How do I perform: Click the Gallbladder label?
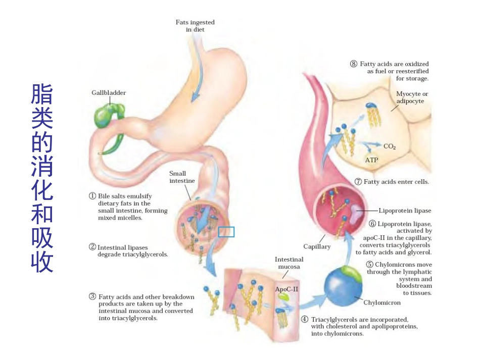[109, 93]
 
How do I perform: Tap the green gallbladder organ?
[109, 116]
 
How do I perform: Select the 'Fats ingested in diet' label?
[195, 26]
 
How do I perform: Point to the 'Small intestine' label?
[182, 177]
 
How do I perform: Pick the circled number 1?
[92, 196]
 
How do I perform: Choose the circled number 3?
[92, 296]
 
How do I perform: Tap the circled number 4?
[305, 319]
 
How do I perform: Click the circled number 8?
[354, 64]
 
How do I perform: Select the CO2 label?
[390, 146]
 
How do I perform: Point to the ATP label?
[371, 160]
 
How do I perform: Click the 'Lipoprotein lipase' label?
[405, 211]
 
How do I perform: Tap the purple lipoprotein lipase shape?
[356, 212]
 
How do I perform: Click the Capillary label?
[317, 246]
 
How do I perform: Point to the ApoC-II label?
[286, 289]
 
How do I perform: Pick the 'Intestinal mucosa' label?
[289, 263]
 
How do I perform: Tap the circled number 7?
[358, 182]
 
